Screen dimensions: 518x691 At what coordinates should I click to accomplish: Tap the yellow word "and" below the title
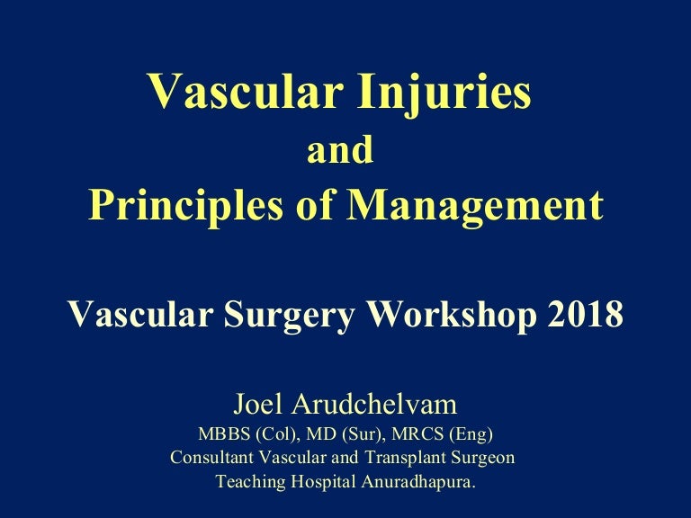(x=340, y=151)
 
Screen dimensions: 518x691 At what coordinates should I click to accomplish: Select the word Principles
(x=176, y=205)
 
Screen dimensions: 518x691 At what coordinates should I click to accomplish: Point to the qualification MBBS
(x=224, y=434)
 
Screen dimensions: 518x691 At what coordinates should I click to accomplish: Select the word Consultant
(x=214, y=458)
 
